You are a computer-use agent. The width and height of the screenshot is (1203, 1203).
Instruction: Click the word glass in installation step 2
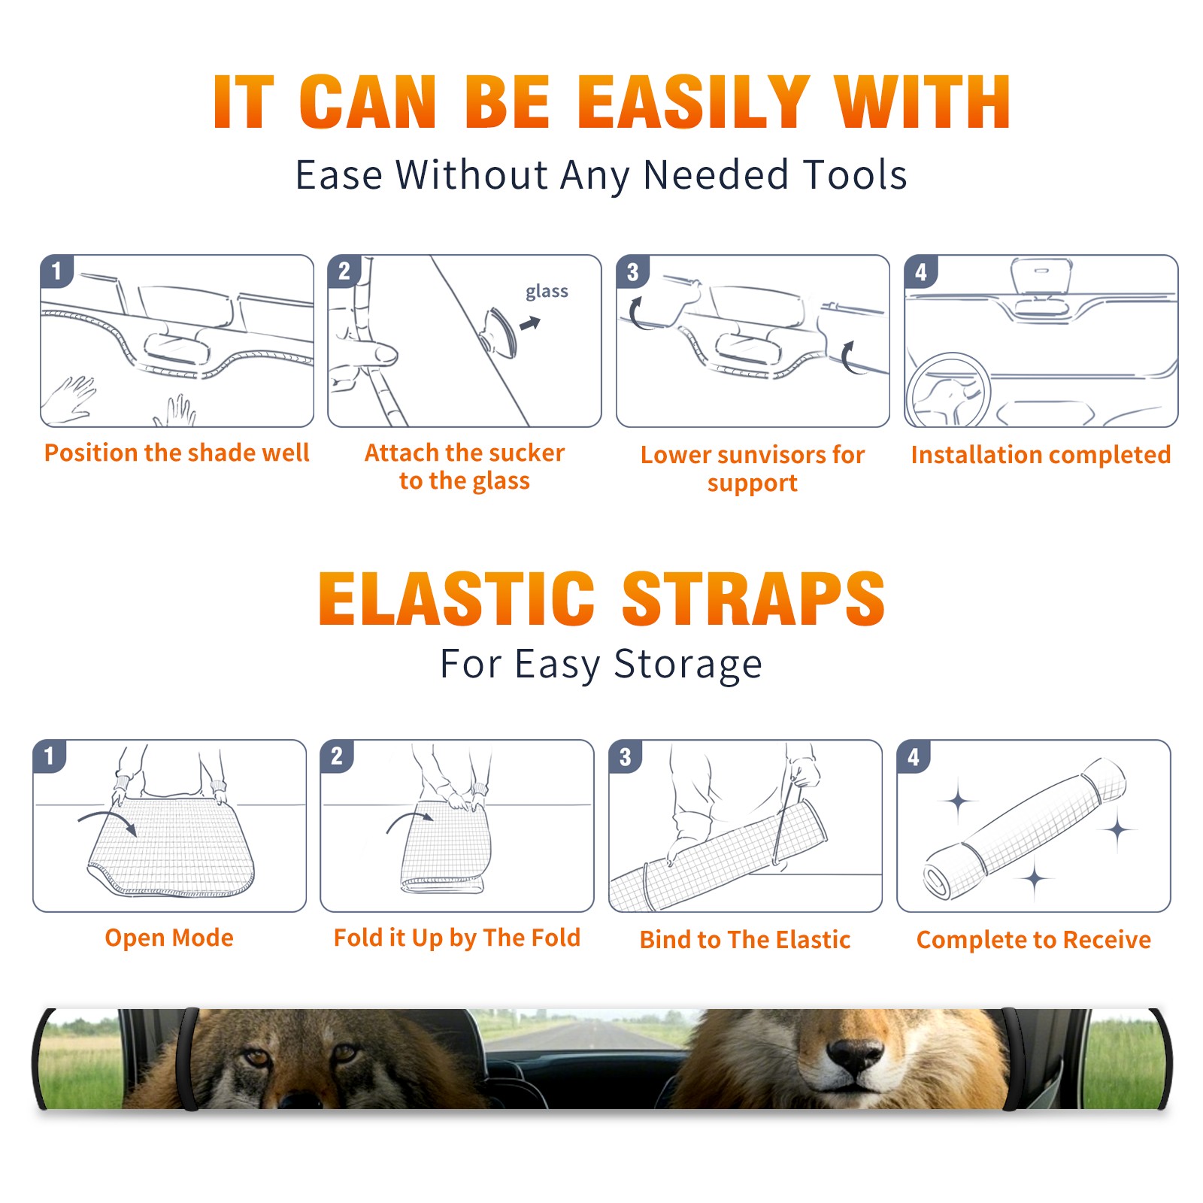click(x=547, y=292)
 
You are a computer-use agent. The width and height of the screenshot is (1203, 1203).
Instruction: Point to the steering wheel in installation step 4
click(x=948, y=390)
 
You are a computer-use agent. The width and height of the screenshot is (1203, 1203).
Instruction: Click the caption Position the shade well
click(x=177, y=453)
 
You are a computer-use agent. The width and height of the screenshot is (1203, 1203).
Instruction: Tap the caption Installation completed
click(x=1041, y=454)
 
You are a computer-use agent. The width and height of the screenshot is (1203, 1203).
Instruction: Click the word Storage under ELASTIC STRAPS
click(x=688, y=665)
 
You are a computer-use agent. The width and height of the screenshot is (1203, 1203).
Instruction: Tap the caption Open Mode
click(x=169, y=938)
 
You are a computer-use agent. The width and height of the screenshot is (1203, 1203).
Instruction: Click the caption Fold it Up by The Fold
click(x=457, y=938)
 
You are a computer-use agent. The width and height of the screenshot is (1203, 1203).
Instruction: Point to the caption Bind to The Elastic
click(x=745, y=940)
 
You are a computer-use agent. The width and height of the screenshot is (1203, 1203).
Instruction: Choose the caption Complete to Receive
click(x=1034, y=940)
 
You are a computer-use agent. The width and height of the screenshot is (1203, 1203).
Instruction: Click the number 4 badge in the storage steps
click(x=914, y=756)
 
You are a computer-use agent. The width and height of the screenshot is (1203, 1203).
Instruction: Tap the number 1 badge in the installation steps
click(x=56, y=271)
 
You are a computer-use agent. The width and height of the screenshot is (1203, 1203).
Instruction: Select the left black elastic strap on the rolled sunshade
click(x=188, y=1059)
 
